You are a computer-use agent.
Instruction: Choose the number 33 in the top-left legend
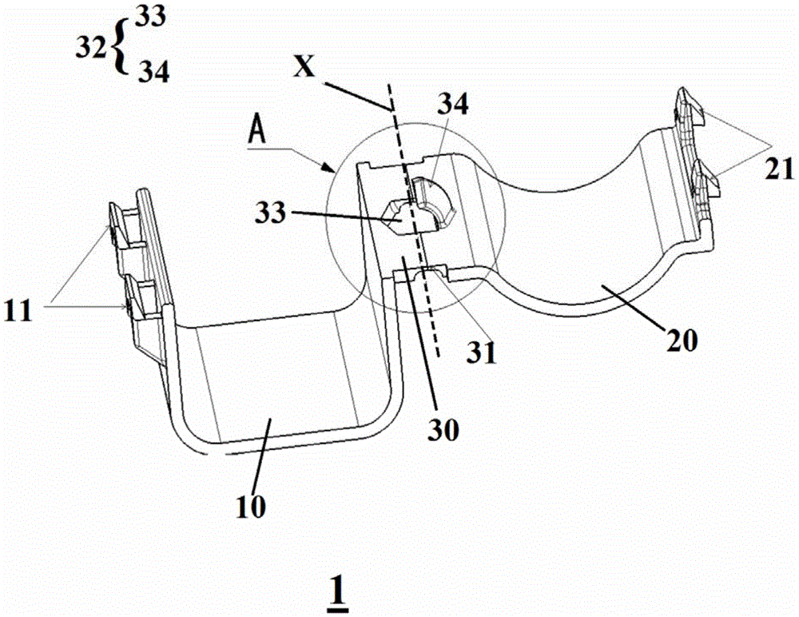(150, 18)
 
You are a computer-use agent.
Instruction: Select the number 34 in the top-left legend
(153, 74)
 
